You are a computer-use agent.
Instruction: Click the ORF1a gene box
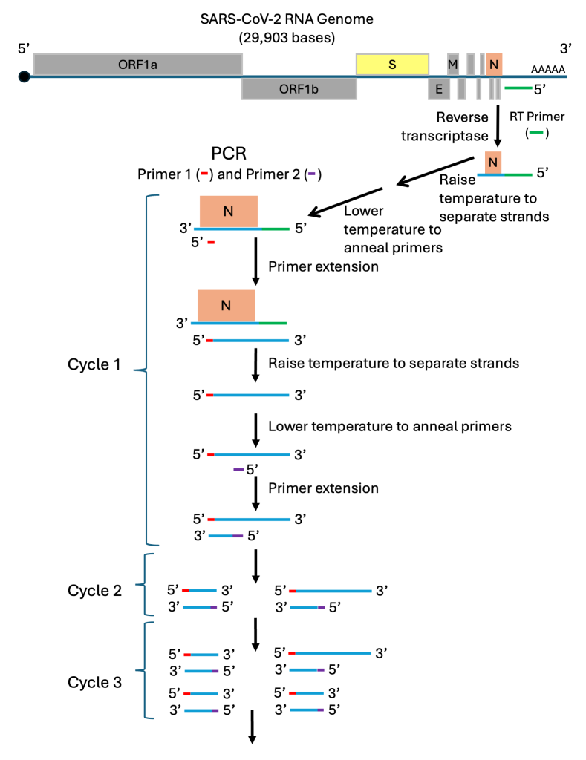coord(137,65)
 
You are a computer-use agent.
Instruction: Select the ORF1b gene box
coord(299,88)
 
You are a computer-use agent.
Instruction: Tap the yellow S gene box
coord(392,65)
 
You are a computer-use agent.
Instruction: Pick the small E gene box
coord(438,88)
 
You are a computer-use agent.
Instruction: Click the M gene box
coord(452,65)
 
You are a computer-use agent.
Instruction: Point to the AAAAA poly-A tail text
coord(548,70)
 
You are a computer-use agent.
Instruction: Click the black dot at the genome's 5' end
coord(25,76)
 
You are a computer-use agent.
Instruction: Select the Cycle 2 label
coord(94,591)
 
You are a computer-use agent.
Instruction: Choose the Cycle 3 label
coord(94,681)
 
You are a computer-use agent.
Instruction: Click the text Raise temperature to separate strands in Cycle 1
coord(393,364)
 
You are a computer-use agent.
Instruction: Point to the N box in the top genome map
coord(493,65)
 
